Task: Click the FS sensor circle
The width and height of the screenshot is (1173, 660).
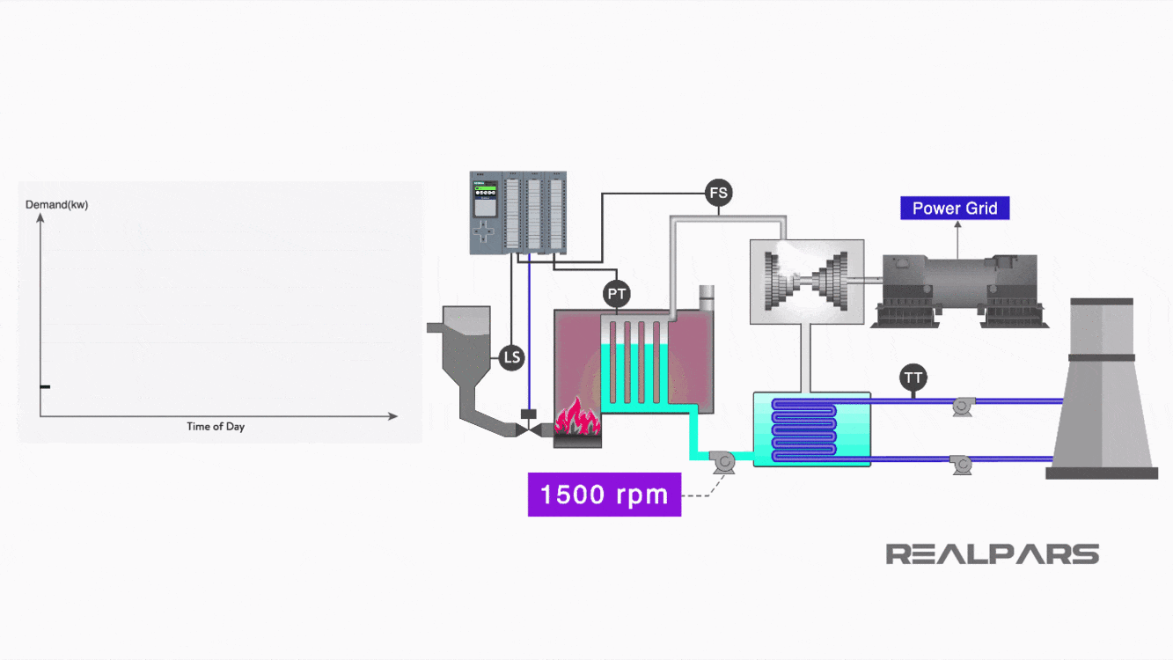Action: pos(719,192)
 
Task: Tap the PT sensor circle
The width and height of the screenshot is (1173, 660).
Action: pos(618,293)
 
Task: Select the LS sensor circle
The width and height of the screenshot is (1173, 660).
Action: pos(511,357)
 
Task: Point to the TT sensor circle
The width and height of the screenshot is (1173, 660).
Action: pos(913,378)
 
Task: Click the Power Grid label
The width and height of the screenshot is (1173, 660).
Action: pos(955,209)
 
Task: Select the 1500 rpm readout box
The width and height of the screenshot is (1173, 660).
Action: pos(604,494)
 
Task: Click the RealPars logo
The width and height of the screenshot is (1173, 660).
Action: pos(992,554)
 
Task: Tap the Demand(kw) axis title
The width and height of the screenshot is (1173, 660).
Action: pos(56,205)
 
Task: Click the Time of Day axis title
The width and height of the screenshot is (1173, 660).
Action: pos(216,427)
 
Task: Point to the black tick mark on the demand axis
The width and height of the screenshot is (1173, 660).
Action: pos(45,387)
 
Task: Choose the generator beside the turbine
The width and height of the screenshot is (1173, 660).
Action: pos(960,291)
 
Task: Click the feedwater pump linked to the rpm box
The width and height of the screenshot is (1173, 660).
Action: pos(724,460)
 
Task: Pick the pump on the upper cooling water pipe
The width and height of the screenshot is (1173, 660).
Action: pos(962,407)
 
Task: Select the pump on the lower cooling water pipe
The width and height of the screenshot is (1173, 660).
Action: pos(962,464)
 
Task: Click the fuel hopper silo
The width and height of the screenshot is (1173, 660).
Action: pos(466,352)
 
